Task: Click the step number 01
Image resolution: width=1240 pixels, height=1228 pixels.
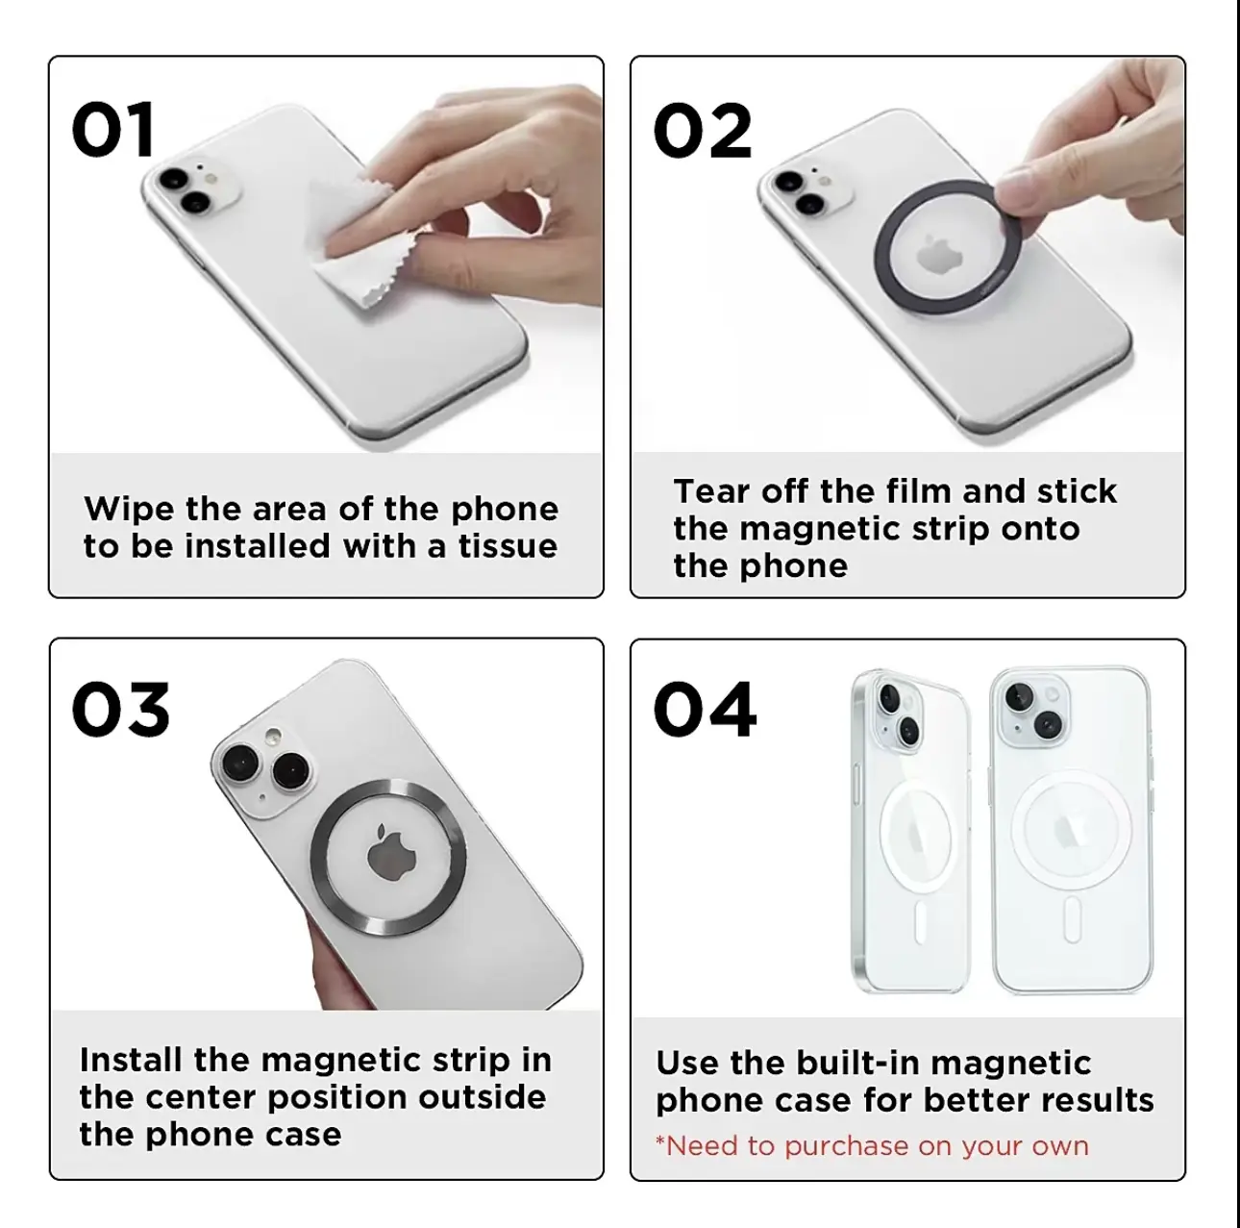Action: tap(113, 130)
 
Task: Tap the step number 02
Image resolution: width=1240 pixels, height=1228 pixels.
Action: tap(702, 131)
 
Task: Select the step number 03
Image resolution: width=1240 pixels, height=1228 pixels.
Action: tap(121, 710)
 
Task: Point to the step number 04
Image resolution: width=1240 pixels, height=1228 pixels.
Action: tap(705, 710)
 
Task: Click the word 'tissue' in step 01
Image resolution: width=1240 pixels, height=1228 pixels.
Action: tap(508, 547)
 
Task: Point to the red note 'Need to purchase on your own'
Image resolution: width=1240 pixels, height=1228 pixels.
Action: tap(872, 1145)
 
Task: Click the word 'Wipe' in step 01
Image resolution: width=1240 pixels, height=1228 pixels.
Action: tap(129, 510)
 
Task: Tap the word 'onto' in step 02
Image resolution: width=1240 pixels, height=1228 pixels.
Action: tap(1040, 529)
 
